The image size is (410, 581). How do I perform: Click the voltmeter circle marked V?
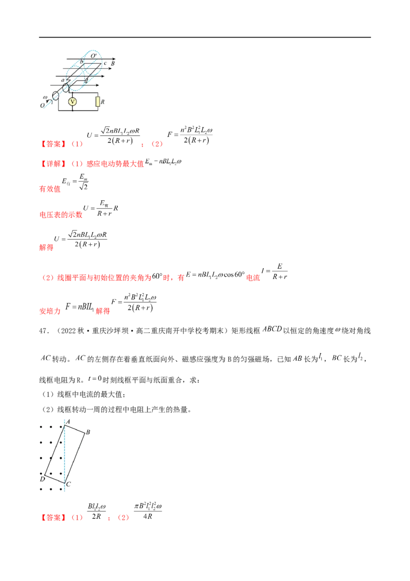[72, 102]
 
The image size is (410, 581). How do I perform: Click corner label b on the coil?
[81, 63]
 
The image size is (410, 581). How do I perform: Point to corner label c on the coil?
[106, 64]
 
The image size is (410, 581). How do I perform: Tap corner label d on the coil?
[86, 81]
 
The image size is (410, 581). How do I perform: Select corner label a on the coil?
[63, 81]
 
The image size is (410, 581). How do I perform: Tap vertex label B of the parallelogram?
[88, 432]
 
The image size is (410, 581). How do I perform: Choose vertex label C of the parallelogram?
[68, 484]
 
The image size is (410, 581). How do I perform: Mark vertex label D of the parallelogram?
[42, 478]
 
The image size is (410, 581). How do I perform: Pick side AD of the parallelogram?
[53, 450]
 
